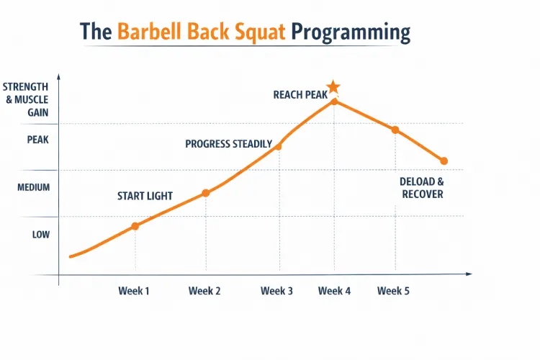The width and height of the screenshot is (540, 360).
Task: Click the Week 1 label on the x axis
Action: coord(134,291)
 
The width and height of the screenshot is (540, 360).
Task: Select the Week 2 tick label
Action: coord(204,291)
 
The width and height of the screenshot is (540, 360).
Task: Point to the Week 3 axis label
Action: coord(276,291)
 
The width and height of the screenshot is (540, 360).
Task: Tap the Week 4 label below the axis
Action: coord(334,291)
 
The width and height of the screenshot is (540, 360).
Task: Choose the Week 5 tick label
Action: coord(393,291)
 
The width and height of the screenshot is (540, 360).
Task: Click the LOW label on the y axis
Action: coord(40,235)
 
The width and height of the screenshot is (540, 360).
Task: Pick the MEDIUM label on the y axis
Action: coord(34,187)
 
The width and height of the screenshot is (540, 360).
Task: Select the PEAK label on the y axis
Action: coord(37,140)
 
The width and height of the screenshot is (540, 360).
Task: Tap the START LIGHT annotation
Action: coord(145,196)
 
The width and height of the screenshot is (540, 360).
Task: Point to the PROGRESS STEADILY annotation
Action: coord(228,144)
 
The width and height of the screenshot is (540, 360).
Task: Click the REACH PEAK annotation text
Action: coord(300,94)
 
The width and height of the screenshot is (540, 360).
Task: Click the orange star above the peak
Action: coord(333,88)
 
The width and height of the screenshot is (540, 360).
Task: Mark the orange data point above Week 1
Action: coord(135,226)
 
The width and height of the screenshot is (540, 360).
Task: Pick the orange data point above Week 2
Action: coord(206,192)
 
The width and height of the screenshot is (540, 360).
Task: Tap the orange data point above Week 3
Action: coord(278,146)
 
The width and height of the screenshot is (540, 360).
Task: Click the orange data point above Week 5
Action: coord(395,130)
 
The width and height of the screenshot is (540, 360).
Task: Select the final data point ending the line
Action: coord(444,161)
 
